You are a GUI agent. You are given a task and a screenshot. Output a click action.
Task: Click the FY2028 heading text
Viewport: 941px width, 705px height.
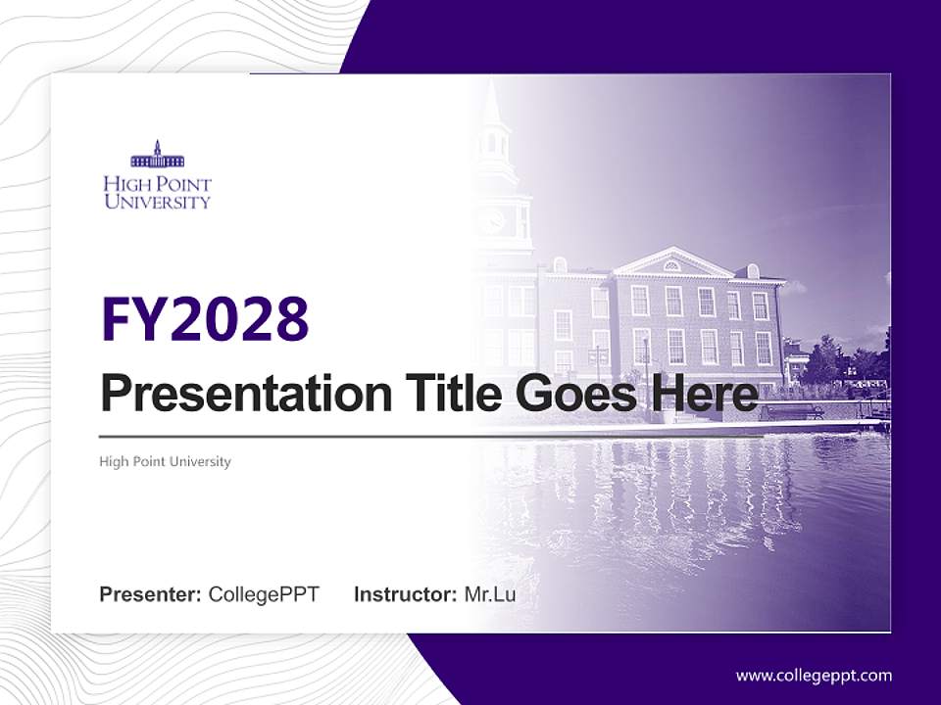(x=205, y=319)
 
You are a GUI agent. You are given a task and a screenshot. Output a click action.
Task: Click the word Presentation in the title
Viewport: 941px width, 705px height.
(x=232, y=395)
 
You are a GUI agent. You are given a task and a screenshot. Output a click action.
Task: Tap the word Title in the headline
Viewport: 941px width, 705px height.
(x=437, y=394)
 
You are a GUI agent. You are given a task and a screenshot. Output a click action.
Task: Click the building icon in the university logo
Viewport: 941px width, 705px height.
(x=157, y=156)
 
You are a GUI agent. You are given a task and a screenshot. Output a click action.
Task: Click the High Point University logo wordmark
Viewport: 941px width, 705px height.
(x=157, y=193)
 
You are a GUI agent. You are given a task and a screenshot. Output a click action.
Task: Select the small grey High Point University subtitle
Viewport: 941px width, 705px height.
(x=165, y=461)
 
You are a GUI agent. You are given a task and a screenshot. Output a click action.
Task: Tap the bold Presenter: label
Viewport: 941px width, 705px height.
(x=151, y=594)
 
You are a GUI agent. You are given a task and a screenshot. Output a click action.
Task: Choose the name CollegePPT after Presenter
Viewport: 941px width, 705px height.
(x=264, y=594)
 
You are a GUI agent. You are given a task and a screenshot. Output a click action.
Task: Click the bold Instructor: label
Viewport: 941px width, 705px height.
(x=405, y=594)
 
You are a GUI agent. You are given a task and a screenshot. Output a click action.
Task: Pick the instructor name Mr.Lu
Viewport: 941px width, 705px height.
(x=490, y=594)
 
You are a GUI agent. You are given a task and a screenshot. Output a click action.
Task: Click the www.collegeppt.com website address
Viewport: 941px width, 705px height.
(x=814, y=675)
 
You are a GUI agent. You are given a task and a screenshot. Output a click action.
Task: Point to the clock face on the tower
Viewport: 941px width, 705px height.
(x=492, y=219)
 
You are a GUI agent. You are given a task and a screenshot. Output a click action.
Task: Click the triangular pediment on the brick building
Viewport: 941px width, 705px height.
(x=671, y=262)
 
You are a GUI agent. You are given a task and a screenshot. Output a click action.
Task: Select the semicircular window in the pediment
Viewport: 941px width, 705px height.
(x=671, y=265)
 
